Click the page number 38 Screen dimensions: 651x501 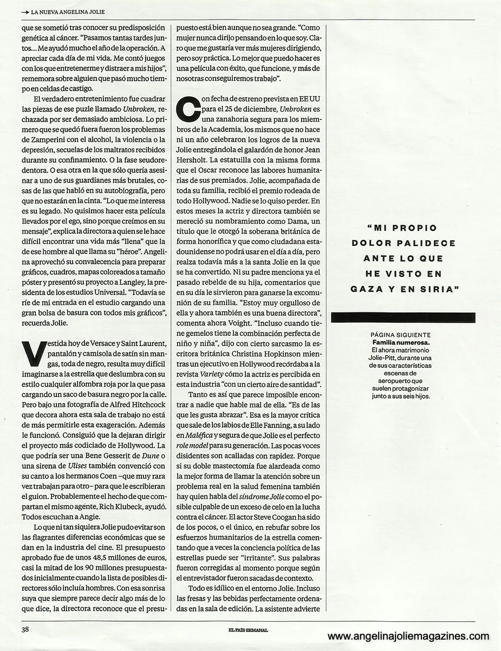[24, 630]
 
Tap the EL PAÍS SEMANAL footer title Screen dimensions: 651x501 [248, 630]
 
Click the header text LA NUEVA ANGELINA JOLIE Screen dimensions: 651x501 [68, 11]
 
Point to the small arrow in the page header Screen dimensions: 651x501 [25, 11]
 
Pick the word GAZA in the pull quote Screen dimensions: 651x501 [369, 289]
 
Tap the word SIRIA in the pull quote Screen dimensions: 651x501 [433, 289]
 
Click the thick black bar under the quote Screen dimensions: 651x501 [403, 318]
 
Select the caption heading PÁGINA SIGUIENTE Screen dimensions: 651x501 [401, 335]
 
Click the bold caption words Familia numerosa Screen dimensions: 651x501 [400, 343]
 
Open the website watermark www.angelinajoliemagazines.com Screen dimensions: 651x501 [408, 636]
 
